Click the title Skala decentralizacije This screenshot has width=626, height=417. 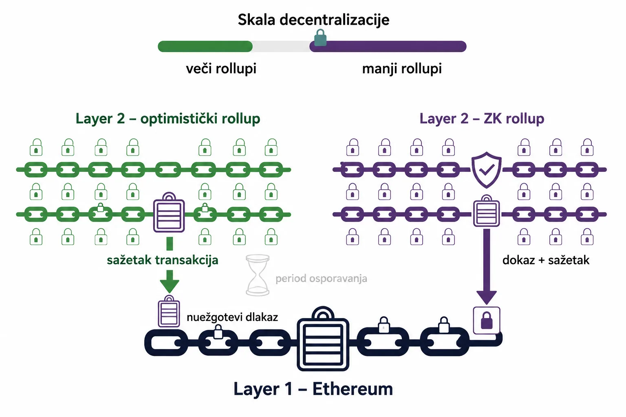tap(313, 20)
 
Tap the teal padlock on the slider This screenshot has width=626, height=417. tap(320, 38)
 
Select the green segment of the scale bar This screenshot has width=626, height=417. tap(205, 46)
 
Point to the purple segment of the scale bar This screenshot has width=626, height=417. tap(388, 46)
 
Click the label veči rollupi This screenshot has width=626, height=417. tap(221, 69)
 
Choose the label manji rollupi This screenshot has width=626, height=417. tap(402, 69)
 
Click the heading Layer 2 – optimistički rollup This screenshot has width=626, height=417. tap(168, 119)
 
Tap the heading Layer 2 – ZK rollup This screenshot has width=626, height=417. tap(482, 119)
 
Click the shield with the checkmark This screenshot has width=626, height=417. tap(487, 170)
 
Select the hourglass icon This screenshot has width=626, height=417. tap(258, 275)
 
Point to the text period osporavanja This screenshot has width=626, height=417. tap(321, 279)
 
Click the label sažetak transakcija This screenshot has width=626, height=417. tap(162, 260)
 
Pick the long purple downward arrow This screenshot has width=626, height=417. tap(487, 267)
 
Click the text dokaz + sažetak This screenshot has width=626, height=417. tap(546, 260)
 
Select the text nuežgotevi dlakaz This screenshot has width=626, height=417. tap(232, 317)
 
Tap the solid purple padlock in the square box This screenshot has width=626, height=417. tap(487, 320)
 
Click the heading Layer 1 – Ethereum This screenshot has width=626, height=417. tap(313, 389)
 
